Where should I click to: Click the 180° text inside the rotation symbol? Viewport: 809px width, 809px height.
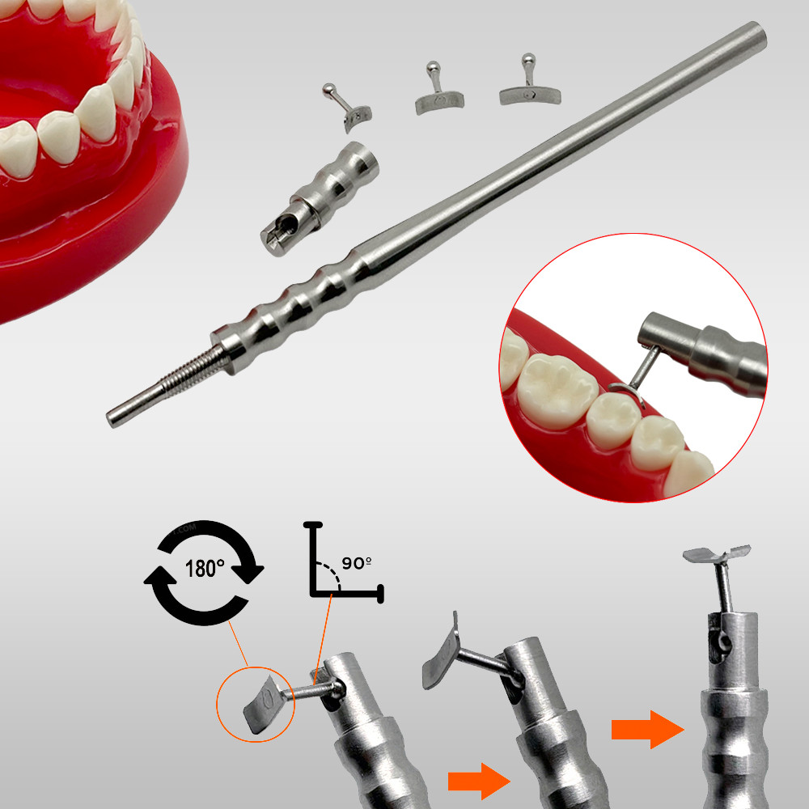(x=205, y=569)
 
